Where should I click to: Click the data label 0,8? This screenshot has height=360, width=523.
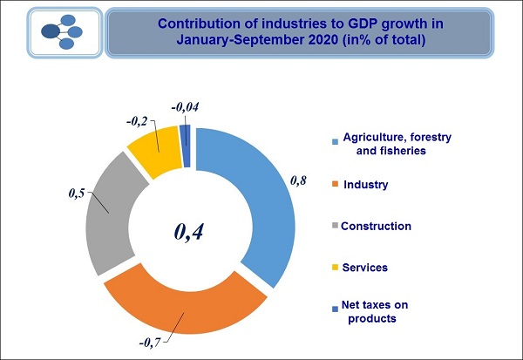tap(299, 182)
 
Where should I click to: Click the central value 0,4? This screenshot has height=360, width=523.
tap(194, 231)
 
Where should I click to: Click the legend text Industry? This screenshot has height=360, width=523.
tap(366, 185)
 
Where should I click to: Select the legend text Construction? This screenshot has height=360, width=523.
tap(376, 226)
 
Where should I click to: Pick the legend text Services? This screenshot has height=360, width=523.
tap(365, 267)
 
